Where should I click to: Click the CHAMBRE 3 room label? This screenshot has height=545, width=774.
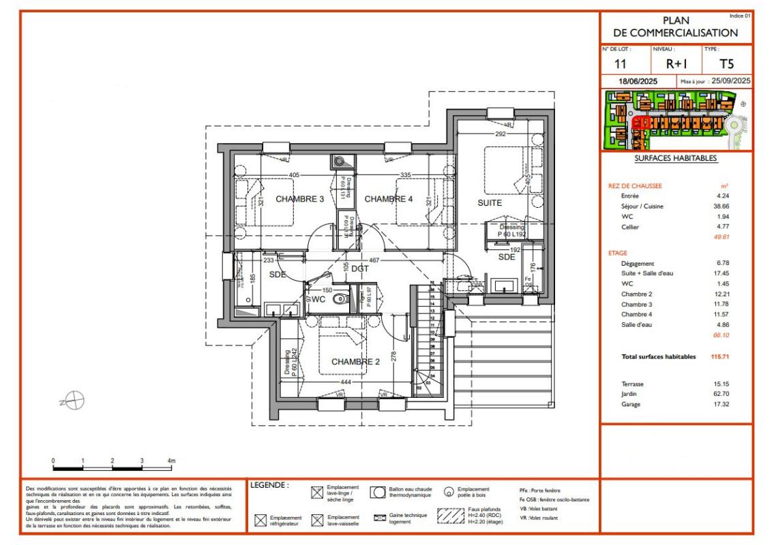point(299,199)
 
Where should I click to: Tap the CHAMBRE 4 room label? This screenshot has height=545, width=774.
point(389,199)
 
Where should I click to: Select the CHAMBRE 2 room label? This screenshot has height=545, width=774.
point(355,362)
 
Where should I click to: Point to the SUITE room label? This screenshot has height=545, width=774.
point(490,203)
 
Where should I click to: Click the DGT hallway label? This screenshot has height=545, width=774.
point(359,268)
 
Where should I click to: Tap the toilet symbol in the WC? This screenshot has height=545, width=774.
point(344,298)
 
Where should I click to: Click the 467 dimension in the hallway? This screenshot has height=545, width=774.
point(374,260)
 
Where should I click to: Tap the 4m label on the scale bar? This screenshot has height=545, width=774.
point(171,461)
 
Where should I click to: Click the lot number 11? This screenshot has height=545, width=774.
point(621,65)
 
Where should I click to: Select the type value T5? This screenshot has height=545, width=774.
point(727,65)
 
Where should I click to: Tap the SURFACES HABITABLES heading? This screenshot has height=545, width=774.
point(676,158)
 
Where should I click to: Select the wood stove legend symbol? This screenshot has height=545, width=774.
point(448,492)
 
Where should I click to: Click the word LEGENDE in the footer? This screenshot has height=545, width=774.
point(269,486)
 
